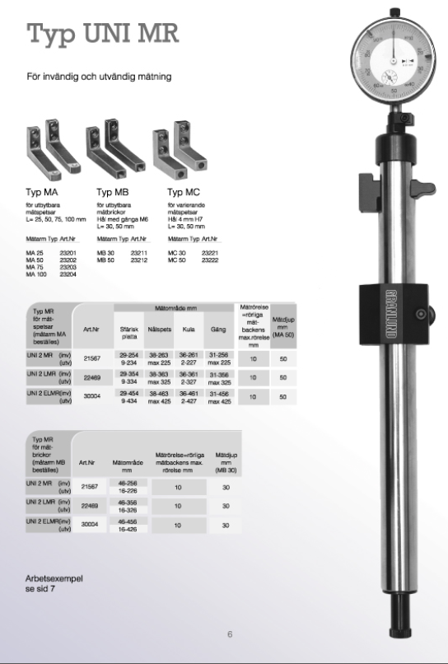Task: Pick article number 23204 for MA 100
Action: coord(68,274)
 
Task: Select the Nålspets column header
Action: coord(159,328)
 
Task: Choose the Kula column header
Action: coord(189,328)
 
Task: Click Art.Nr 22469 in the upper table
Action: coord(91,378)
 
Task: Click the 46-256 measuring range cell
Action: coord(127,481)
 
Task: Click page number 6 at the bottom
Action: coord(231,634)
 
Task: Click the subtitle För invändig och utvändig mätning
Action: coord(99,77)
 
